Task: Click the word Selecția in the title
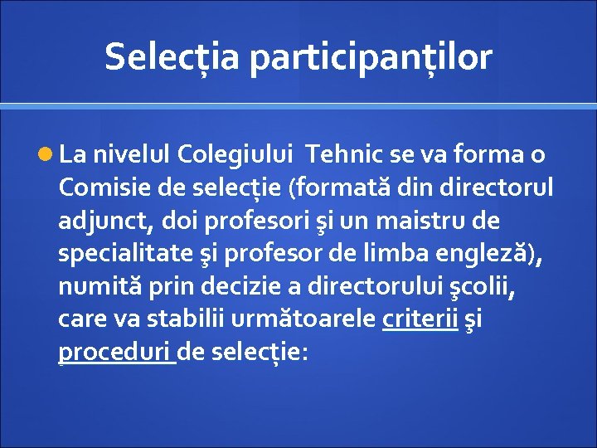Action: click(x=172, y=57)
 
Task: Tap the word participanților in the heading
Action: click(x=370, y=57)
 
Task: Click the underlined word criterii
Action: click(x=420, y=319)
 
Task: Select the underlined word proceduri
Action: click(x=115, y=353)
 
